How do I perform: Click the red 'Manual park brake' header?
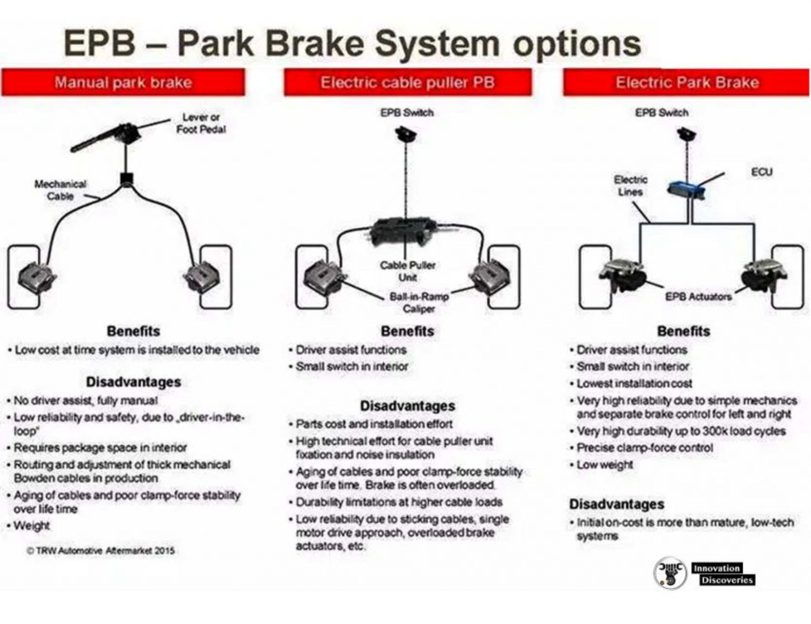pyautogui.click(x=123, y=82)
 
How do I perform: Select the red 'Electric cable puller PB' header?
pyautogui.click(x=408, y=82)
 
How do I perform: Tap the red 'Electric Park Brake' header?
pyautogui.click(x=686, y=82)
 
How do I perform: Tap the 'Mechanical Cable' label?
pyautogui.click(x=60, y=190)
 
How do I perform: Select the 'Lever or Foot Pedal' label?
pyautogui.click(x=201, y=123)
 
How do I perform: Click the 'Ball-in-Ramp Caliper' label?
pyautogui.click(x=419, y=302)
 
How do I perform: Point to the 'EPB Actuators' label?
pyautogui.click(x=698, y=296)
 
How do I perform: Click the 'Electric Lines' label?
pyautogui.click(x=630, y=186)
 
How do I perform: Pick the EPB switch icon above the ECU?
pyautogui.click(x=686, y=135)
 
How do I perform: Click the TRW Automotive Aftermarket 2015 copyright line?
pyautogui.click(x=101, y=550)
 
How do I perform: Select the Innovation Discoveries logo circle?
pyautogui.click(x=670, y=573)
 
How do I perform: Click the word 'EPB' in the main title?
pyautogui.click(x=100, y=43)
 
